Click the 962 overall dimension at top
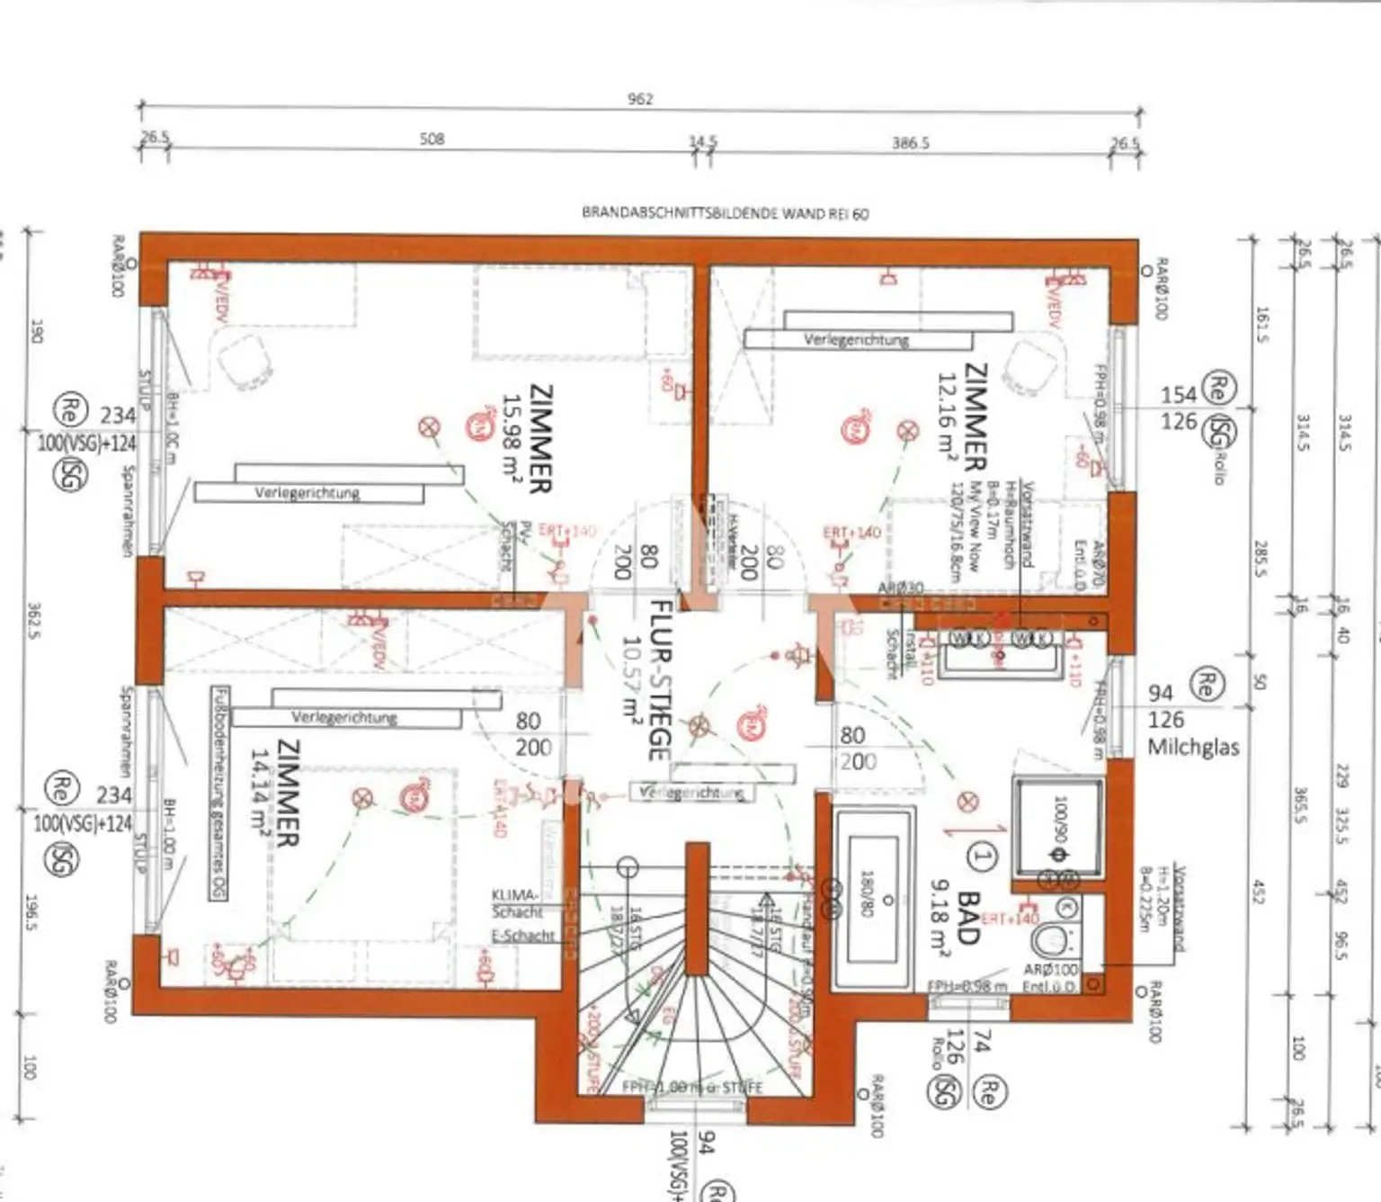coord(639,99)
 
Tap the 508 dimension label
coord(432,139)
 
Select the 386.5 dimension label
coord(910,142)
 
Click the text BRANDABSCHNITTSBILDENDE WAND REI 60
coord(725,213)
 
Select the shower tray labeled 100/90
coord(1058,826)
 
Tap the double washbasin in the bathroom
coord(998,649)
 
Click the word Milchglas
coord(1193,748)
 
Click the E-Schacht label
coord(522,936)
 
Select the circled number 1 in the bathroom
coord(981,856)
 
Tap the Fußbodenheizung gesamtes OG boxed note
coord(218,793)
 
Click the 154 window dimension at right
coord(1178,395)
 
